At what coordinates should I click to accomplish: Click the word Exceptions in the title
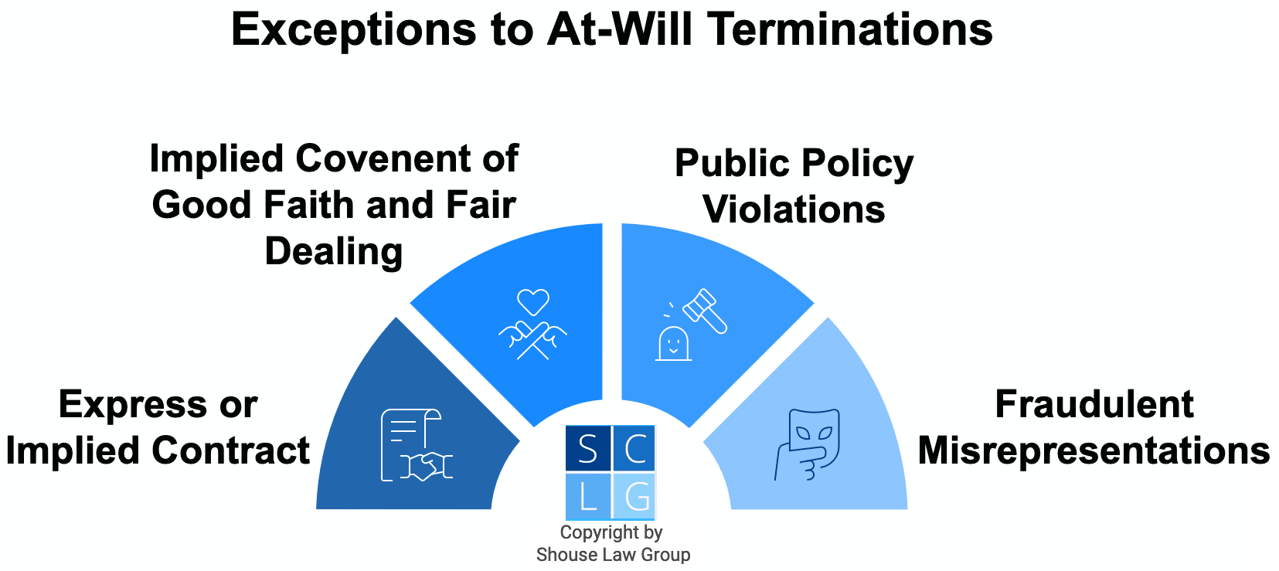pyautogui.click(x=353, y=30)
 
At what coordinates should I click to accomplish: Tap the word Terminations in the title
pyautogui.click(x=851, y=29)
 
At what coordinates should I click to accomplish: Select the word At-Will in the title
pyautogui.click(x=620, y=29)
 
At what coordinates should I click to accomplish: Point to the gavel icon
pyautogui.click(x=705, y=311)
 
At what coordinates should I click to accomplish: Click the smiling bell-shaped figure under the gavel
pyautogui.click(x=673, y=344)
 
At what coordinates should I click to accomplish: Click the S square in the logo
pyautogui.click(x=587, y=448)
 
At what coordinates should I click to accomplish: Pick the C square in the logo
pyautogui.click(x=633, y=448)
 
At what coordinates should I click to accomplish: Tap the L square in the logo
pyautogui.click(x=587, y=495)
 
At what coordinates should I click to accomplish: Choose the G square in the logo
pyautogui.click(x=633, y=495)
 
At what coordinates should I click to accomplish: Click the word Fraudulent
pyautogui.click(x=1094, y=404)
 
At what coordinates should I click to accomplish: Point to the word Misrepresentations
pyautogui.click(x=1094, y=451)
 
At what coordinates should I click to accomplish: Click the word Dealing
pyautogui.click(x=333, y=252)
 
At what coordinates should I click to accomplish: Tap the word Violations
pyautogui.click(x=794, y=209)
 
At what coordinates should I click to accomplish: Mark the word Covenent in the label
pyautogui.click(x=383, y=158)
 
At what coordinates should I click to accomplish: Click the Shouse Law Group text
pyautogui.click(x=614, y=555)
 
